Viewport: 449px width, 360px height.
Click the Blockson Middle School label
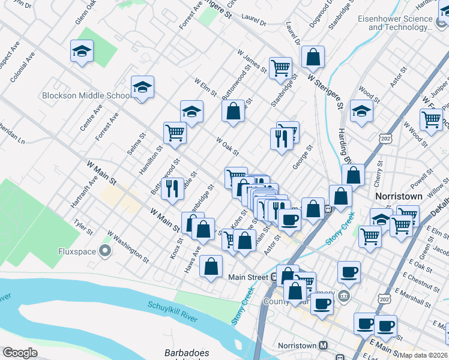[86, 95]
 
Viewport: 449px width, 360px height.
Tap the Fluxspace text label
[77, 251]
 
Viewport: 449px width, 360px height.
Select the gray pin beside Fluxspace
[106, 251]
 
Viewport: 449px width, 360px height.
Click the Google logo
[19, 353]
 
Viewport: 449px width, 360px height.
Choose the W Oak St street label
[228, 145]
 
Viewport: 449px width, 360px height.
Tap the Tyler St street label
[83, 227]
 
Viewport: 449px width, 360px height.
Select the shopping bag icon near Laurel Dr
[313, 58]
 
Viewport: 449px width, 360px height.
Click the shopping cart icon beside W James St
[280, 68]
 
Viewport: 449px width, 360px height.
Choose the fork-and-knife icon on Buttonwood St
[172, 188]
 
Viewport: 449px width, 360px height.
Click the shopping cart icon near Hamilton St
[175, 133]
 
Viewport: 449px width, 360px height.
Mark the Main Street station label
[247, 277]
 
